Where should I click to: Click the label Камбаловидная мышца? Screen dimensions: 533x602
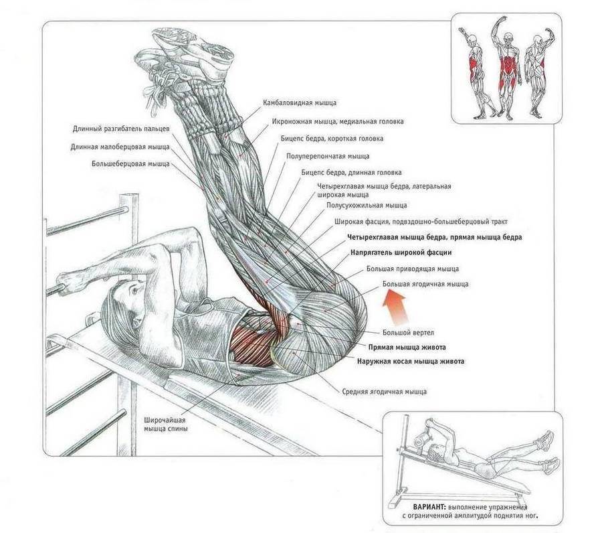(300, 103)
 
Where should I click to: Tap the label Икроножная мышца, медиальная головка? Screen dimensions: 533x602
(338, 122)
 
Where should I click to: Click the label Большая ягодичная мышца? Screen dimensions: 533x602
(425, 284)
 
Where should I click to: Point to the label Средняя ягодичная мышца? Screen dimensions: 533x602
(385, 392)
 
